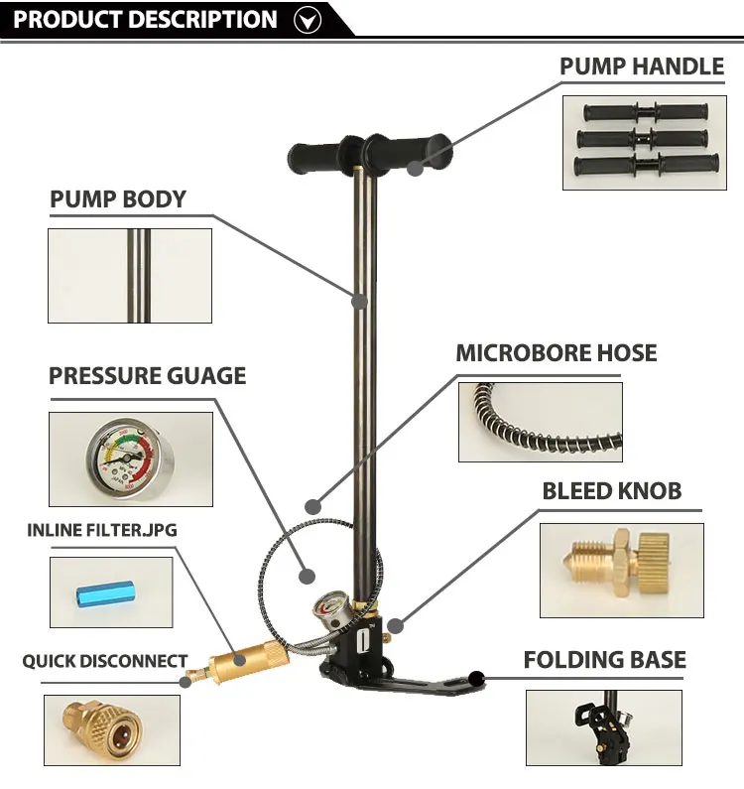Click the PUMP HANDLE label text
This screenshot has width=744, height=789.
[641, 66]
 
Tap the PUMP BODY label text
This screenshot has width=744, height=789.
[118, 198]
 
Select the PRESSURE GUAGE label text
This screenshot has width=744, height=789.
[147, 375]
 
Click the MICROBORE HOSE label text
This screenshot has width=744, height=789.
[556, 352]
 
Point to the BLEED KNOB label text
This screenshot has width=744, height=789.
[611, 490]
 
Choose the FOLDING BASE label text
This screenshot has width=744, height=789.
[604, 660]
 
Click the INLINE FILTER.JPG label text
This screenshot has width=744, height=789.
[101, 530]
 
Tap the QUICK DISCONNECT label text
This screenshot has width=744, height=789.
[105, 661]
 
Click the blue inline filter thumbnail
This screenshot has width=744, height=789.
[110, 592]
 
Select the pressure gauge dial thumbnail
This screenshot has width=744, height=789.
[129, 458]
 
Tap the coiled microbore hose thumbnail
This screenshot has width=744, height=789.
[540, 422]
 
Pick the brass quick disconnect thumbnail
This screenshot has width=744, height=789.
[111, 729]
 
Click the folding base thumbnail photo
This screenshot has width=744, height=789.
[603, 728]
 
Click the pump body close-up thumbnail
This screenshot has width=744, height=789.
[130, 275]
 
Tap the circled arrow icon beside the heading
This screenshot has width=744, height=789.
[310, 19]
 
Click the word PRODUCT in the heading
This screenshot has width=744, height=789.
[62, 19]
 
